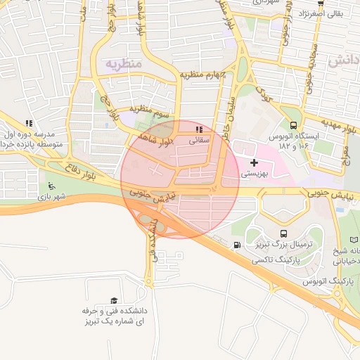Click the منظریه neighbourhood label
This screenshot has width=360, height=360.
pyautogui.click(x=124, y=64)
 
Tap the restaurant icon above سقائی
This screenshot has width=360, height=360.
pyautogui.click(x=199, y=129)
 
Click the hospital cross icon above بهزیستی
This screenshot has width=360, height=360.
pyautogui.click(x=254, y=162)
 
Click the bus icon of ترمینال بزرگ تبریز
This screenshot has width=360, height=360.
pyautogui.click(x=283, y=233)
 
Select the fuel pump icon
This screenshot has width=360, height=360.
pyautogui.click(x=237, y=245)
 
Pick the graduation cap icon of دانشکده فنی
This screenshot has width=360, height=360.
pyautogui.click(x=114, y=300)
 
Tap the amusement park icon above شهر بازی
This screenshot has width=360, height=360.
pyautogui.click(x=51, y=186)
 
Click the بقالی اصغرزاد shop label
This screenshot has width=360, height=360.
pyautogui.click(x=321, y=13)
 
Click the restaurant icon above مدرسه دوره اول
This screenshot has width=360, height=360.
pyautogui.click(x=28, y=123)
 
